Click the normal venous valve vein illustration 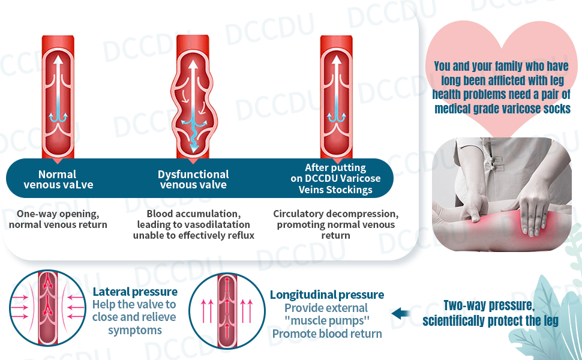tap(58, 96)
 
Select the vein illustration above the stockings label tap(335, 96)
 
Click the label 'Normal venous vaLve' tap(58, 179)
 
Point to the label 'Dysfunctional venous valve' tap(193, 179)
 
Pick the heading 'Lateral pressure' tap(135, 292)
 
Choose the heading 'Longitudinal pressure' tap(326, 295)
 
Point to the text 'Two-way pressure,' tap(488, 305)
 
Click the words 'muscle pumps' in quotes tap(326, 320)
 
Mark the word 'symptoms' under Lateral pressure tap(134, 330)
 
